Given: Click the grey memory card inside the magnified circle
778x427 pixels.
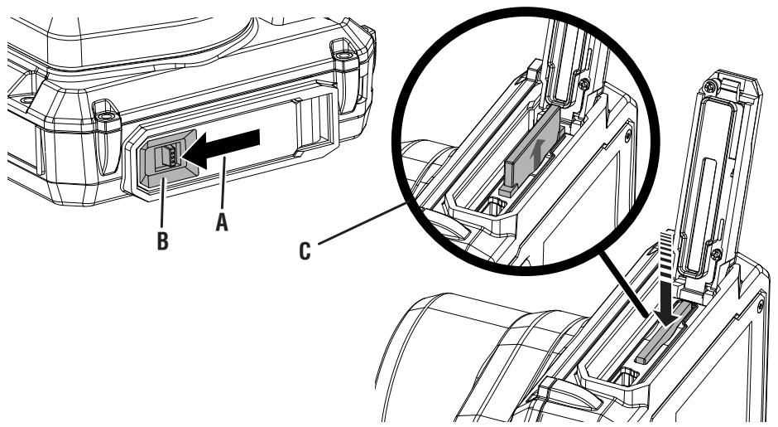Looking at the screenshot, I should tap(530, 154).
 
